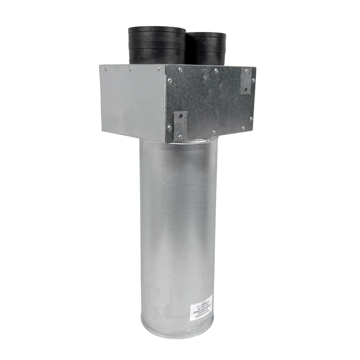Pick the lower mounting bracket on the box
pos(180,125)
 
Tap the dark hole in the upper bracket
pos(246,89)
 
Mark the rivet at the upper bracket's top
pos(246,72)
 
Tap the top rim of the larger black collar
pos(157,30)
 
